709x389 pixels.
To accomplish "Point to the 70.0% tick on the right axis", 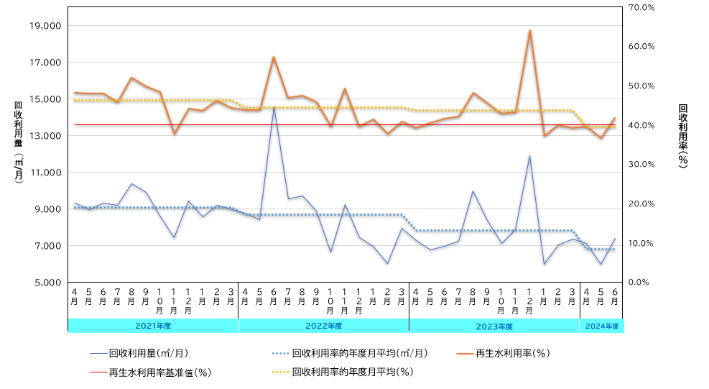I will pyautogui.click(x=641, y=7).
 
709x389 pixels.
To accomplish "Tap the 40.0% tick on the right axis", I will pyautogui.click(x=641, y=125).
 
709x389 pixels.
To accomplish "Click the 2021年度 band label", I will pyautogui.click(x=153, y=326).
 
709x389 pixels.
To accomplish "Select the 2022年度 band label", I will pyautogui.click(x=323, y=326).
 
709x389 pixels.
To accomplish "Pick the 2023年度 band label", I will pyautogui.click(x=494, y=326).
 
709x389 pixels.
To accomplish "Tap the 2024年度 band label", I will pyautogui.click(x=602, y=326).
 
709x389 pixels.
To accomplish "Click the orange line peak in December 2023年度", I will pyautogui.click(x=529, y=31).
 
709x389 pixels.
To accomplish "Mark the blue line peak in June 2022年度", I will pyautogui.click(x=274, y=107).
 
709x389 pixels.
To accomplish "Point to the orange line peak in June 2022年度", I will pyautogui.click(x=274, y=57).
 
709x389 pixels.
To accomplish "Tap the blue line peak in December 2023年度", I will pyautogui.click(x=529, y=156).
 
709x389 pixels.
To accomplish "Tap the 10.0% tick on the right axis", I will pyautogui.click(x=641, y=243).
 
